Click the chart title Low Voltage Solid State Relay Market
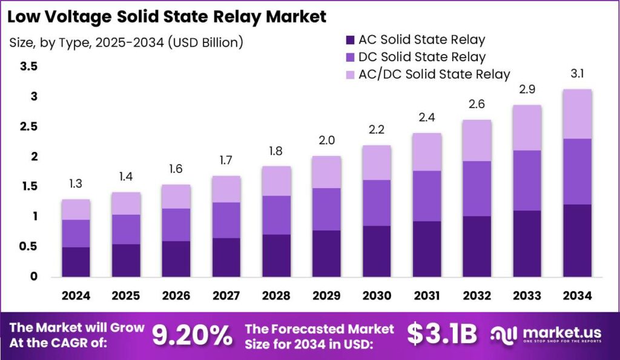pos(167,16)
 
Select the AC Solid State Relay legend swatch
pos(350,41)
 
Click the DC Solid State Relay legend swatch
pos(350,57)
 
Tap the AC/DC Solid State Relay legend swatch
pos(350,74)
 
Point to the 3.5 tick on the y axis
pos(29,67)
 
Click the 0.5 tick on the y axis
pos(29,247)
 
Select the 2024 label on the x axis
pos(76,296)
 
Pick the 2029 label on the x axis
pos(326,296)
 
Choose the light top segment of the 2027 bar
pos(226,189)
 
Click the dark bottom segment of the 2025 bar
pos(125,260)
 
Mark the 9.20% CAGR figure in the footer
pos(191,335)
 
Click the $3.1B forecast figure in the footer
pos(441,335)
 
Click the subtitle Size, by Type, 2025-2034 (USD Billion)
pos(127,42)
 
